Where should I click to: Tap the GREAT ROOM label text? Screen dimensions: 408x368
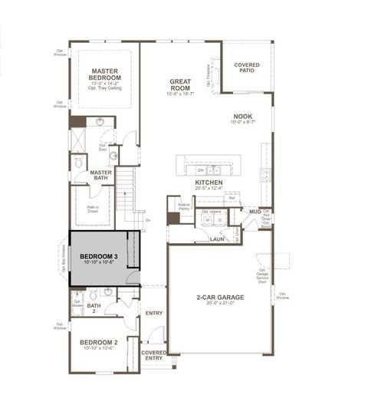point(181,84)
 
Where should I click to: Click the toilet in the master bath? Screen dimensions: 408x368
point(79,163)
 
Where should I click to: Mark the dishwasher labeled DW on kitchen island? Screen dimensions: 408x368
point(199,169)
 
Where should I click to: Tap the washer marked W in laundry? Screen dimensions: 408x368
point(206,221)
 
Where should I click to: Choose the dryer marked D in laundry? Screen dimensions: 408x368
point(219,221)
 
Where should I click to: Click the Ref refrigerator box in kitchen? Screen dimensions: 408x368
point(231,198)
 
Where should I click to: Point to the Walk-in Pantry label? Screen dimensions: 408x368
point(184,206)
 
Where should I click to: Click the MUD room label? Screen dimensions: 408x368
point(254,211)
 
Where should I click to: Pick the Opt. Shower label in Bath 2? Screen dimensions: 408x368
point(77,303)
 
